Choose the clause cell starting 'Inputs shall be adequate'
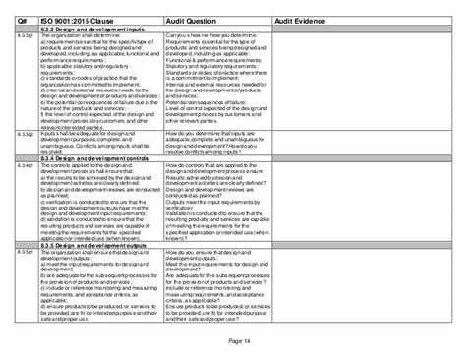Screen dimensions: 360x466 (x=98, y=144)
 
